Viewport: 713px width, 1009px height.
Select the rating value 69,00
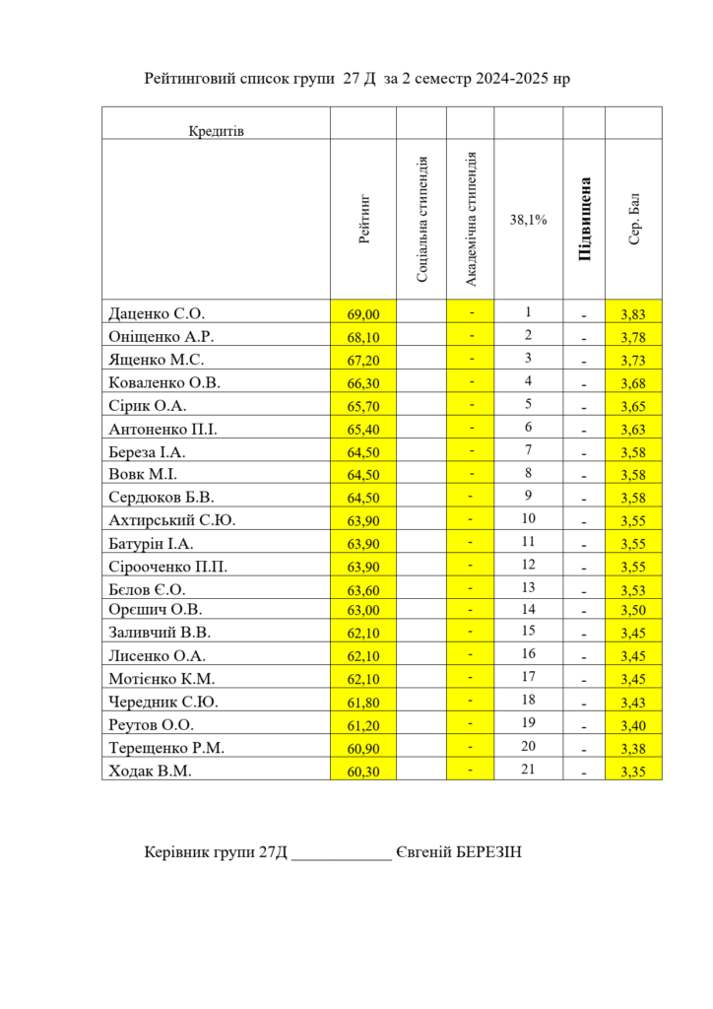click(363, 314)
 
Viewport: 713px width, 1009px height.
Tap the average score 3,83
click(633, 314)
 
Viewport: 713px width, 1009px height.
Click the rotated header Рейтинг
click(364, 219)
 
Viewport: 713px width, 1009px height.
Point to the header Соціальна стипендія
click(422, 219)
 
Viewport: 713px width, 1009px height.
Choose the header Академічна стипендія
click(471, 219)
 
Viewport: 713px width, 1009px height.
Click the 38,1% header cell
click(528, 220)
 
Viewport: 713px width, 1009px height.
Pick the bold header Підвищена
click(584, 219)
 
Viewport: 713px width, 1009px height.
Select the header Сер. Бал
click(634, 219)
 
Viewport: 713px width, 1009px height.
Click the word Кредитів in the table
click(216, 131)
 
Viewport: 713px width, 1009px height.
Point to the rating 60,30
click(363, 771)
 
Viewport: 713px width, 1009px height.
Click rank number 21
click(528, 770)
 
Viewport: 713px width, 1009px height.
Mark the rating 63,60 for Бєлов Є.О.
click(363, 588)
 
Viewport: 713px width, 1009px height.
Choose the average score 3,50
click(633, 611)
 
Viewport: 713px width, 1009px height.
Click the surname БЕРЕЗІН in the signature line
click(488, 851)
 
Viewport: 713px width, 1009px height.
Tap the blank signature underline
click(341, 853)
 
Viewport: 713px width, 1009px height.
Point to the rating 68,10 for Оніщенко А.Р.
click(363, 337)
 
